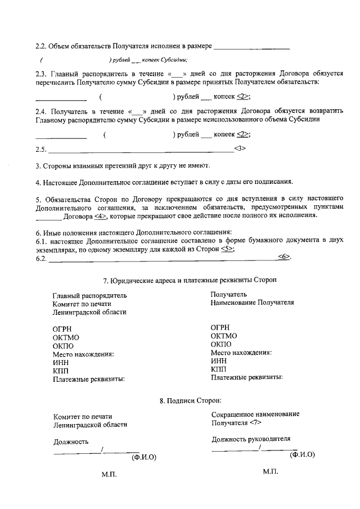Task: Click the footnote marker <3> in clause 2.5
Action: tap(240, 149)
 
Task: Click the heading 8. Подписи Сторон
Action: tap(190, 401)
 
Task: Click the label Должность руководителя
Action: tap(251, 439)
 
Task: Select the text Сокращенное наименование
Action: tap(251, 414)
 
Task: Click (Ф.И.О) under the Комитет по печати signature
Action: tap(143, 457)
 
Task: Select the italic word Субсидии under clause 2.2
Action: tap(174, 60)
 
